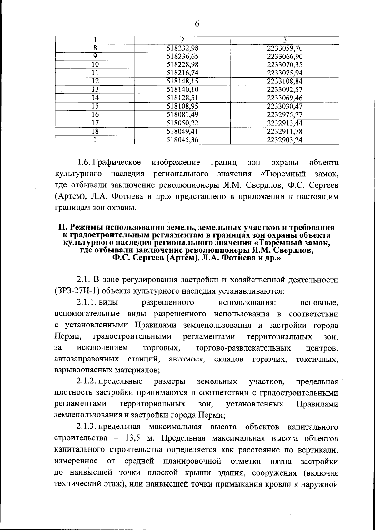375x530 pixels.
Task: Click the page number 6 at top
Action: click(197, 24)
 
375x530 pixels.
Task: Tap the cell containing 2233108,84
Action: click(285, 81)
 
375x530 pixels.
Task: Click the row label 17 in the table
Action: click(95, 123)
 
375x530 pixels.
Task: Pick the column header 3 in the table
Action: click(285, 40)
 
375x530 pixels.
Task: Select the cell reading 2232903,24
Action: click(285, 140)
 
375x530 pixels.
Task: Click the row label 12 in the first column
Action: click(95, 81)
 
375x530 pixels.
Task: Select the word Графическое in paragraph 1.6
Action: click(117, 163)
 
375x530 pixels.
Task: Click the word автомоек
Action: click(187, 359)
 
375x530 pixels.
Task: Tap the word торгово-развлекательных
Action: click(243, 348)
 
